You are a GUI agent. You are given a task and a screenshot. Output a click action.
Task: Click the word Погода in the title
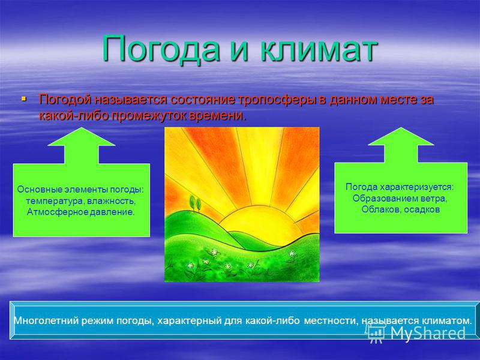(161, 49)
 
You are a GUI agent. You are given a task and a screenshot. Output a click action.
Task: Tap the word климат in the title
(319, 49)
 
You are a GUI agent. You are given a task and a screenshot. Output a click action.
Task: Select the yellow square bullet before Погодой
(24, 99)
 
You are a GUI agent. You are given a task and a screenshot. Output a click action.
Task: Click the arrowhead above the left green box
(82, 137)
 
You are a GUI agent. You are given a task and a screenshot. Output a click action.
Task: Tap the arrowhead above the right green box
(401, 136)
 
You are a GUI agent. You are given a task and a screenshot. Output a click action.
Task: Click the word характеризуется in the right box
(416, 187)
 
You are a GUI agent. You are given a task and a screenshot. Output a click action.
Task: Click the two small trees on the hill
(195, 203)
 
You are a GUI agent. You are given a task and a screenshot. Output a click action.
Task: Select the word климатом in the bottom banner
(447, 320)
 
